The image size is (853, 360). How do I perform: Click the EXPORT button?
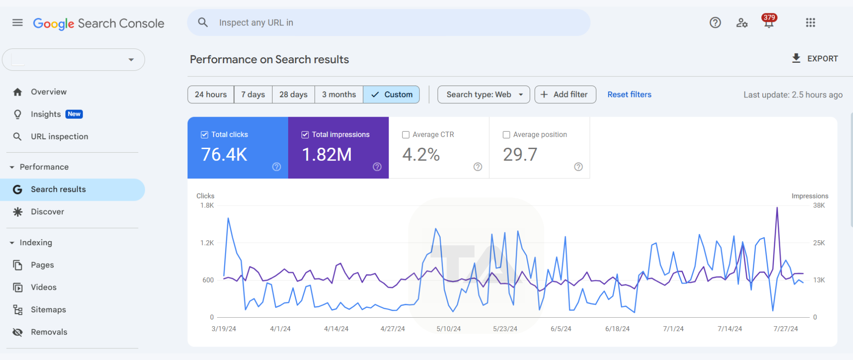click(x=815, y=59)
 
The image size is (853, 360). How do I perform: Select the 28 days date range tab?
click(x=293, y=94)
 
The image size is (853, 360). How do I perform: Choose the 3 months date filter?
click(x=339, y=94)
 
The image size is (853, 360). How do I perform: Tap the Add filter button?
click(x=565, y=94)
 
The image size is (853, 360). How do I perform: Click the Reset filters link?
click(x=629, y=94)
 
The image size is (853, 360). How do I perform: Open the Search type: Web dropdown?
click(x=483, y=94)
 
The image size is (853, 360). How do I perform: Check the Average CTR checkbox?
click(x=406, y=135)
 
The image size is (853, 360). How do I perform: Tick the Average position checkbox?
click(x=506, y=135)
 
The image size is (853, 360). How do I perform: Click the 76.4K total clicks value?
click(x=224, y=154)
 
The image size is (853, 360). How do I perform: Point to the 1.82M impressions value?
click(x=327, y=154)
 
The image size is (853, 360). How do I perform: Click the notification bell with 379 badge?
click(x=769, y=22)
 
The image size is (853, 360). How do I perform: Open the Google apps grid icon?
click(x=810, y=23)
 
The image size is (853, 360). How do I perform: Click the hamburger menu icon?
click(x=17, y=23)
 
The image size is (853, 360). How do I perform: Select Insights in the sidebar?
click(x=46, y=114)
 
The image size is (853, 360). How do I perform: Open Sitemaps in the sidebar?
click(x=48, y=310)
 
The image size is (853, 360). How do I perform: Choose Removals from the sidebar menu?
click(x=49, y=332)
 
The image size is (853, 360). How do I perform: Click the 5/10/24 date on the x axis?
click(x=448, y=329)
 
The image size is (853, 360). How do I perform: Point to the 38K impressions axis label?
click(x=819, y=206)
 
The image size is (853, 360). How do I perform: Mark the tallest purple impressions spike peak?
click(x=777, y=208)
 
